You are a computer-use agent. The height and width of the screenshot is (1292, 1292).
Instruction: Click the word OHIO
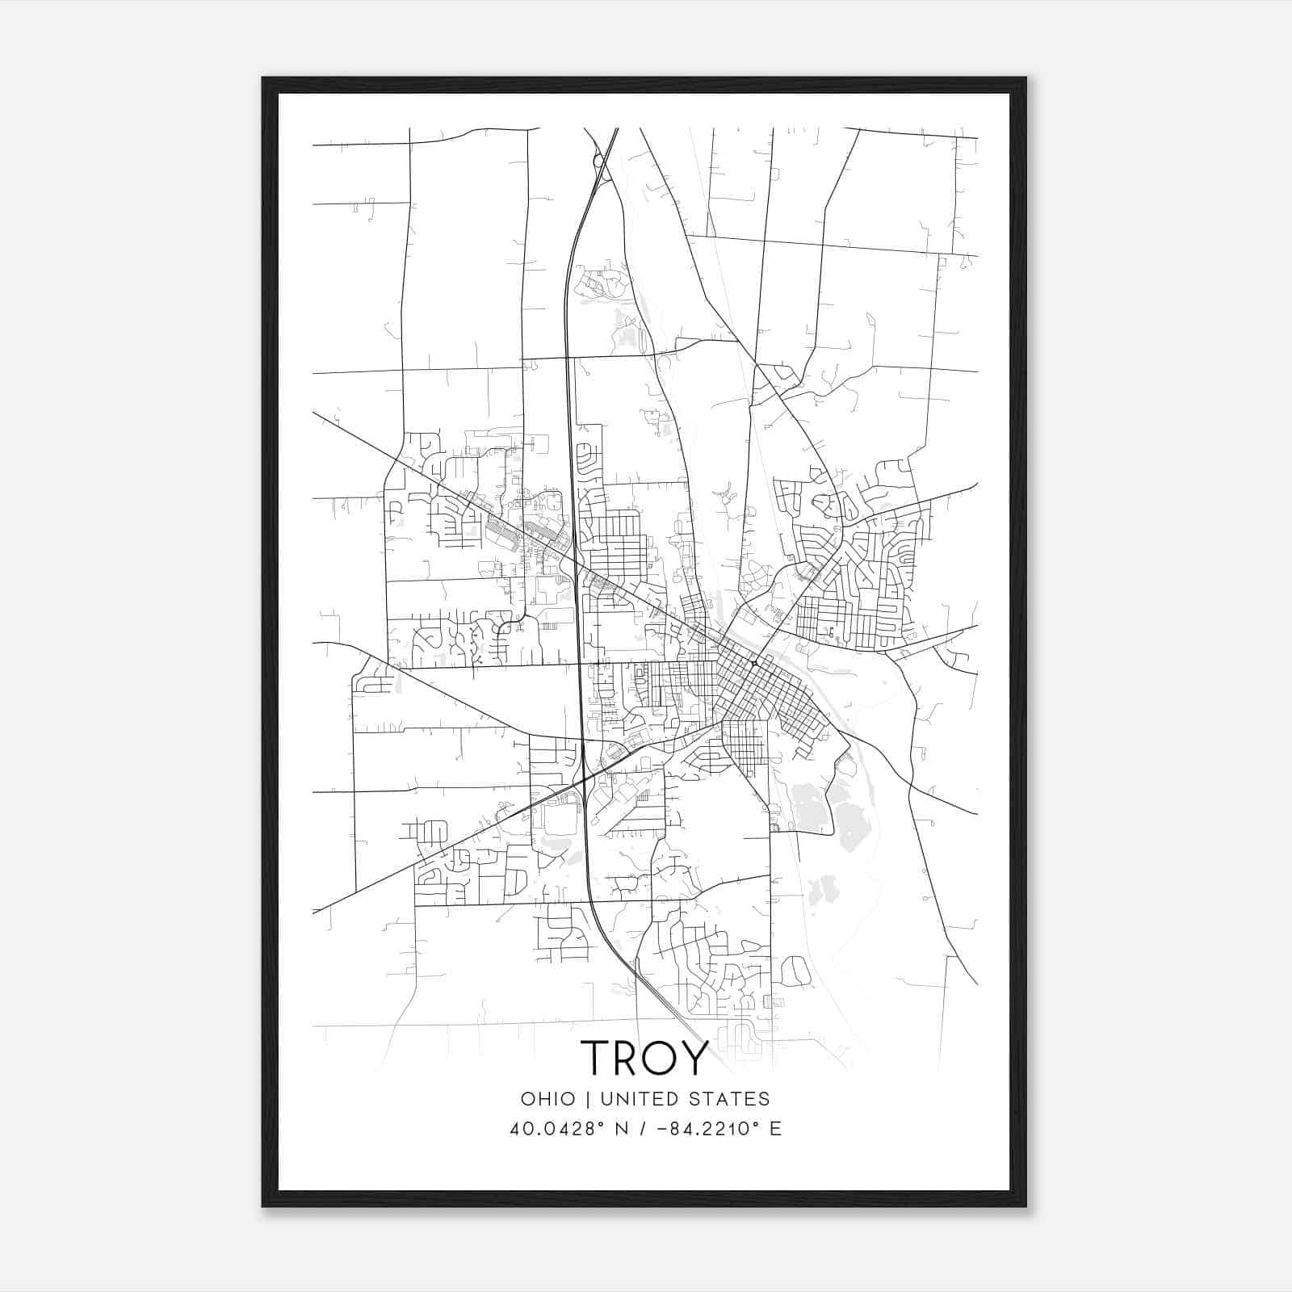pyautogui.click(x=548, y=1098)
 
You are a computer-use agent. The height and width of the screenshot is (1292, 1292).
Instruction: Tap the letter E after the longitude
pyautogui.click(x=775, y=1129)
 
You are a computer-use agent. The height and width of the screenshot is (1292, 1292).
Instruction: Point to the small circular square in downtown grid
pyautogui.click(x=753, y=663)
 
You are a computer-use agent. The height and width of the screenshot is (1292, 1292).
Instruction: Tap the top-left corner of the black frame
pyautogui.click(x=263, y=78)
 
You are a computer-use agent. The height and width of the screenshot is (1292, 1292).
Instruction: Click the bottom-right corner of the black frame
pyautogui.click(x=1026, y=1206)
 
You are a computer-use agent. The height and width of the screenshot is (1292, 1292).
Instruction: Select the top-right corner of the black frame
pyautogui.click(x=1026, y=78)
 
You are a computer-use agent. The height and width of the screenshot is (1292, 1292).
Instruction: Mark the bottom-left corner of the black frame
pyautogui.click(x=263, y=1206)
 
